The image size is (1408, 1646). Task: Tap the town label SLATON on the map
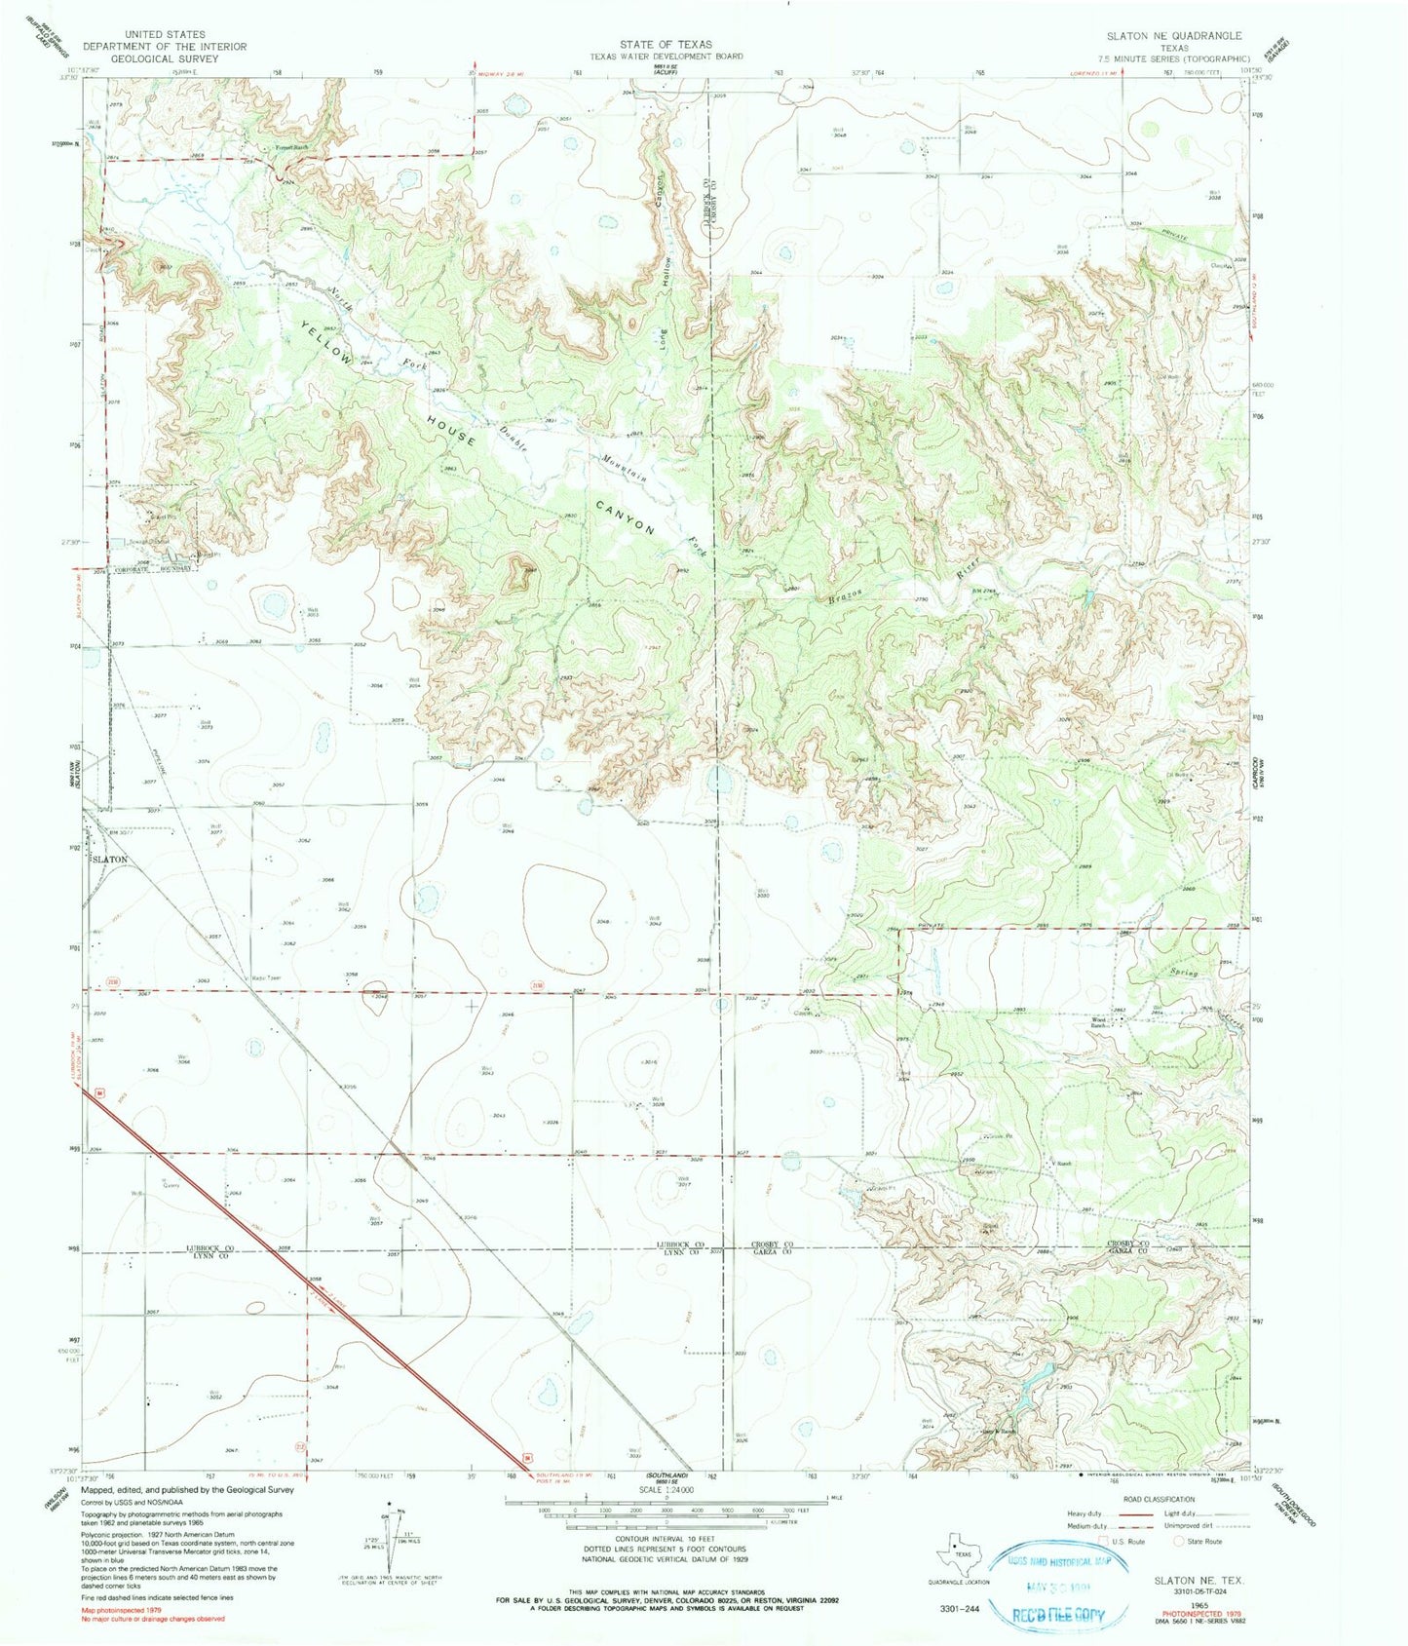click(x=110, y=860)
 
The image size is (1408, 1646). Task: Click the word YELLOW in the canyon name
click(x=326, y=343)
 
